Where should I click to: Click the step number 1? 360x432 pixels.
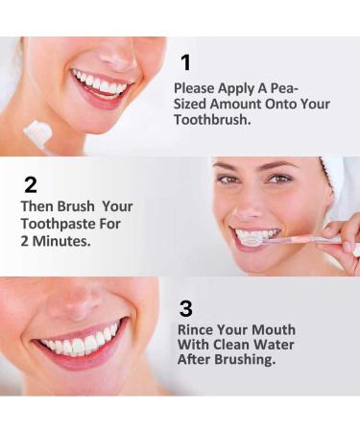click(185, 63)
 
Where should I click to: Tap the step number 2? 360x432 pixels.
click(32, 185)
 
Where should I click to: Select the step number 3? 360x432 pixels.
click(186, 309)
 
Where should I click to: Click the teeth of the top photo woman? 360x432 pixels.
click(100, 84)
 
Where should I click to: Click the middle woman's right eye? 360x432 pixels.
click(228, 180)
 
